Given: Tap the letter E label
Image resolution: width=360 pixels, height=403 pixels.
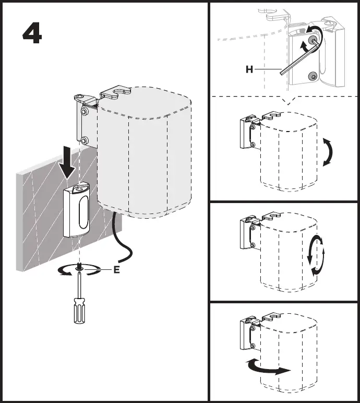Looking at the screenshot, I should coord(117,270).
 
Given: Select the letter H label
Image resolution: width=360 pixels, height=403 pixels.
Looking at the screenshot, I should coord(250,69).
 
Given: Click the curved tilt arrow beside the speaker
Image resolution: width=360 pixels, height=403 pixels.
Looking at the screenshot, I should coord(328,152).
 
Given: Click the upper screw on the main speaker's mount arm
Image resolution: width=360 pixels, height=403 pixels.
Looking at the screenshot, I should coord(83,112).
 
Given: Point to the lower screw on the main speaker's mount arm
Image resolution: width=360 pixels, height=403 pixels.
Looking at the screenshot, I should coord(83,140).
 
